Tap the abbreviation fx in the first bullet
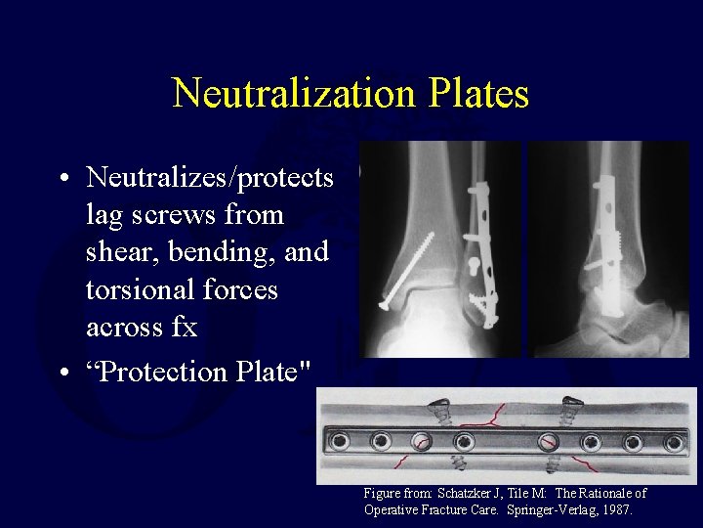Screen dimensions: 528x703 click(184, 328)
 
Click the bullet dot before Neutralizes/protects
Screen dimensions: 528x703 click(62, 179)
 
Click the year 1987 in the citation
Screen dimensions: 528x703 click(618, 510)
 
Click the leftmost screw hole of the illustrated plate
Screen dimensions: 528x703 click(340, 441)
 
